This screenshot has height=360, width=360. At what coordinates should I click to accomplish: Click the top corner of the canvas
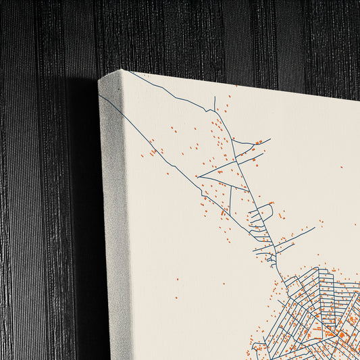tap(122, 70)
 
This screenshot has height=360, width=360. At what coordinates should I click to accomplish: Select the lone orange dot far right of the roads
tap(341, 168)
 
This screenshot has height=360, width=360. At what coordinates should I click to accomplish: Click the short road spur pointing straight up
tap(215, 103)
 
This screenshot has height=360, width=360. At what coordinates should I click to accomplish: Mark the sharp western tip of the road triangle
tap(198, 178)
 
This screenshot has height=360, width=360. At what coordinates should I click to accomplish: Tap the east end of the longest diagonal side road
tap(315, 228)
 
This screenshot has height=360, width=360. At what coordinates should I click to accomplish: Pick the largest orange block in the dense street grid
tap(342, 334)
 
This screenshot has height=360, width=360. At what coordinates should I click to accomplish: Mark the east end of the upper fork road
tap(270, 140)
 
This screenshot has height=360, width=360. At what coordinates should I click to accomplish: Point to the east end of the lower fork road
tap(262, 154)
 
